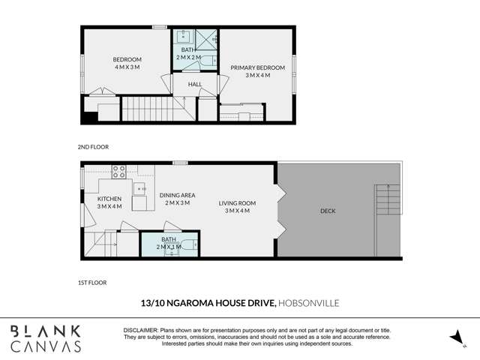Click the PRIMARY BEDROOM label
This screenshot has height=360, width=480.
[257, 67]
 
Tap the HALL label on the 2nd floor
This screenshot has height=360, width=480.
[194, 84]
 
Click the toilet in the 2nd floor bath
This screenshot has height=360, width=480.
[209, 60]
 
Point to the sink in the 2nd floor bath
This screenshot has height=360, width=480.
[184, 35]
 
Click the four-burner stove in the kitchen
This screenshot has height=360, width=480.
[118, 171]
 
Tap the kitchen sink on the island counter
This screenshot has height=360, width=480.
[140, 188]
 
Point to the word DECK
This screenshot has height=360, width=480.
[328, 211]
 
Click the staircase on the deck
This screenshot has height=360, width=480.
[387, 200]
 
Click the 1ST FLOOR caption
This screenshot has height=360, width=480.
[91, 283]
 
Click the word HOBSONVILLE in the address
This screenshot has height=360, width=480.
[308, 304]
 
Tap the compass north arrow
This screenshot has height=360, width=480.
[456, 338]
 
